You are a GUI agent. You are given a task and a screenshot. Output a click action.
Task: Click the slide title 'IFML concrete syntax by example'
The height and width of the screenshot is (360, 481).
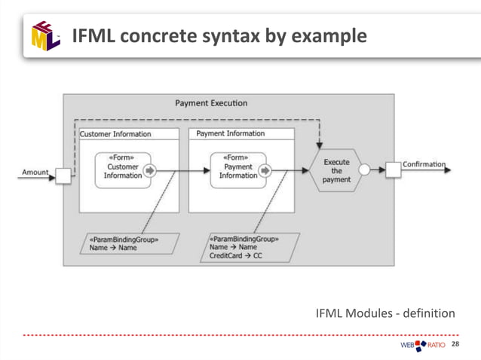[x=219, y=35]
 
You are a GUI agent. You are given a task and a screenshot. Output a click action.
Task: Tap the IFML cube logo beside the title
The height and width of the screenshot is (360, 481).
[x=46, y=35]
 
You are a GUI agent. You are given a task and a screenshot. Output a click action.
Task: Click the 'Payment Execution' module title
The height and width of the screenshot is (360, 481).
[x=210, y=103]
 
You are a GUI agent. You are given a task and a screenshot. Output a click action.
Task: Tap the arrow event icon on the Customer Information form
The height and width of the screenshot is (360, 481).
[x=149, y=170]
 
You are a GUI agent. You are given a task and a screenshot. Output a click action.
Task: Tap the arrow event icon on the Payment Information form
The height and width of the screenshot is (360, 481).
[x=265, y=170]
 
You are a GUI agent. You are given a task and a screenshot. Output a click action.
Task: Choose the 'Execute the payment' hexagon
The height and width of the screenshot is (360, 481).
[x=336, y=171]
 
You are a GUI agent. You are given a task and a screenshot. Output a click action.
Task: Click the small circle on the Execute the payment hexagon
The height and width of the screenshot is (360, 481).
[x=364, y=170]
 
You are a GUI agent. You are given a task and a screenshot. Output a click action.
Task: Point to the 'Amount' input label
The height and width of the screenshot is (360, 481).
[x=35, y=172]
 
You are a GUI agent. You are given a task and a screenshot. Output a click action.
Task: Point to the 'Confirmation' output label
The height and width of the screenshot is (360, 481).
[x=424, y=164]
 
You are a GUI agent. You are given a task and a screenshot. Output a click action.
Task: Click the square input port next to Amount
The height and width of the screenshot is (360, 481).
[x=63, y=175]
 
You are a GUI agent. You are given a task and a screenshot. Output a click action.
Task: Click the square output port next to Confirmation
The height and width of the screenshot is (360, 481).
[x=393, y=169]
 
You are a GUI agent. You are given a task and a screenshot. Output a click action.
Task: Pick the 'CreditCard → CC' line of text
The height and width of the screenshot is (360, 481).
[x=236, y=255]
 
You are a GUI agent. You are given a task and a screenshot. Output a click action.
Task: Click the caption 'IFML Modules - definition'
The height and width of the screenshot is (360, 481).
[x=385, y=313]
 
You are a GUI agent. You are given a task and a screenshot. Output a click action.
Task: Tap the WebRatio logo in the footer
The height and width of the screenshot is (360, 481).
[x=422, y=345]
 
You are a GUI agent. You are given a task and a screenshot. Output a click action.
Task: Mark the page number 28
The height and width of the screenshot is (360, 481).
[x=455, y=344]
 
